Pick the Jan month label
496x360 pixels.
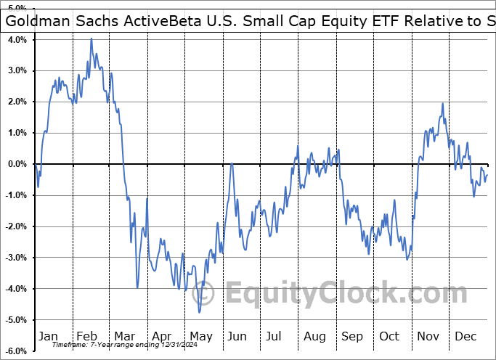coord(49,336)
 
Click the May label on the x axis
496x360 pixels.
coord(200,336)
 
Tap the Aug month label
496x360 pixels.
coord(315,336)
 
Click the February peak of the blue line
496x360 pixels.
coord(92,38)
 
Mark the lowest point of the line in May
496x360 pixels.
coord(199,312)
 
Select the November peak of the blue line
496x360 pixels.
coord(442,104)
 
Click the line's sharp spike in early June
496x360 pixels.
coord(232,164)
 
